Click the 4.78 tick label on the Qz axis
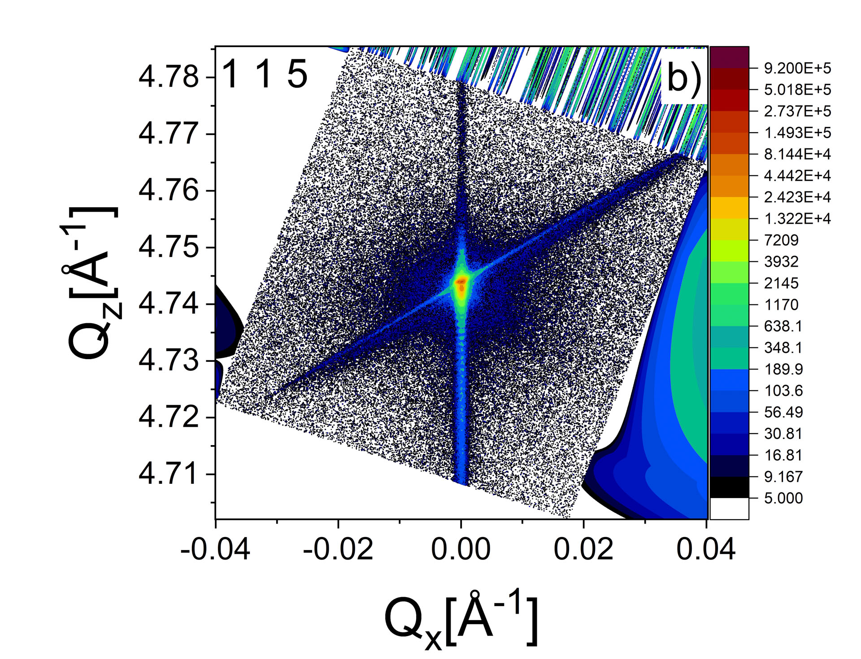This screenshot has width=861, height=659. pyautogui.click(x=169, y=77)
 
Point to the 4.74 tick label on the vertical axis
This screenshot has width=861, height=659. pyautogui.click(x=169, y=304)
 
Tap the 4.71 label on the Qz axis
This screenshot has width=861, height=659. pyautogui.click(x=169, y=474)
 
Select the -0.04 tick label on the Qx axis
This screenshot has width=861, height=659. pyautogui.click(x=215, y=549)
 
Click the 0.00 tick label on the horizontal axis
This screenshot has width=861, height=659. pyautogui.click(x=461, y=549)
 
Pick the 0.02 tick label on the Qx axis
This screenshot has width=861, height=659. pyautogui.click(x=583, y=549)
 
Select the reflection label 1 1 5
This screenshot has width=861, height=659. pyautogui.click(x=265, y=74)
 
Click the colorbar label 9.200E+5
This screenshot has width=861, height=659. pyautogui.click(x=797, y=69)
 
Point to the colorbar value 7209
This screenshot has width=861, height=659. pyautogui.click(x=781, y=240)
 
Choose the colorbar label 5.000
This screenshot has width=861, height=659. pyautogui.click(x=783, y=498)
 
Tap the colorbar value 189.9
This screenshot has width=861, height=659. pyautogui.click(x=783, y=369)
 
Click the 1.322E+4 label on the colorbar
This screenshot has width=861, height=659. pyautogui.click(x=797, y=219)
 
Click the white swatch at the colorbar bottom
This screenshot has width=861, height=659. pyautogui.click(x=730, y=508)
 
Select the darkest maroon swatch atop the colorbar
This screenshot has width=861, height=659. pyautogui.click(x=730, y=57)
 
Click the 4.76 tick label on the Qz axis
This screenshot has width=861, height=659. pyautogui.click(x=169, y=191)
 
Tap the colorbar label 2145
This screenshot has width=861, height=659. pyautogui.click(x=781, y=283)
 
